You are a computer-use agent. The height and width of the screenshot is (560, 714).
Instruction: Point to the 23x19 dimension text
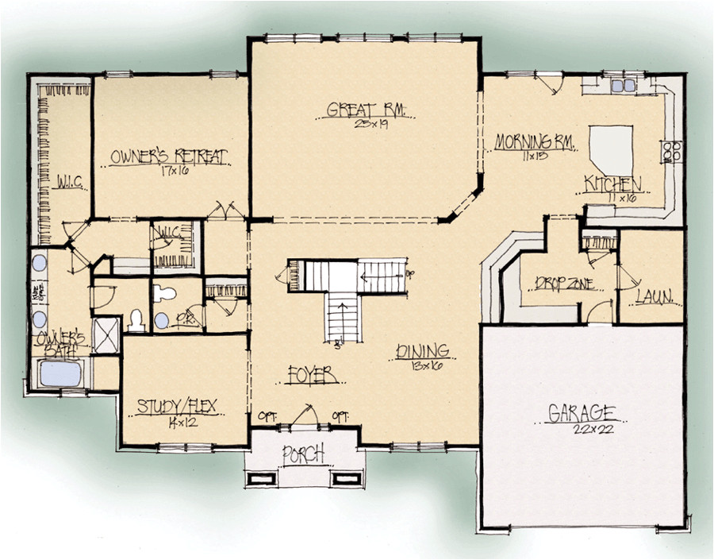point(366,124)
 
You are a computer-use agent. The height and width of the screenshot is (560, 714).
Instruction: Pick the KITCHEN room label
point(612,184)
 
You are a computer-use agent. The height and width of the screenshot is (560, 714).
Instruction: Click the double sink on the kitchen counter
point(623,85)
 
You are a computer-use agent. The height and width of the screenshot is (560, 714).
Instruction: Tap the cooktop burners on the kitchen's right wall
point(671,151)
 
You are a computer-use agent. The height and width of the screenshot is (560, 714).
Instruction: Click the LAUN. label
point(654,298)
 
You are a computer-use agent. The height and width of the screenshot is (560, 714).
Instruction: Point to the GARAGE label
point(582,413)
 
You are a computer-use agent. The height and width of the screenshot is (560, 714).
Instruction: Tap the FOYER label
point(309,373)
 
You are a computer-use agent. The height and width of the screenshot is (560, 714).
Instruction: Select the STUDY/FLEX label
point(178,407)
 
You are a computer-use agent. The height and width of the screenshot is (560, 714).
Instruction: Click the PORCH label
point(303,454)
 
